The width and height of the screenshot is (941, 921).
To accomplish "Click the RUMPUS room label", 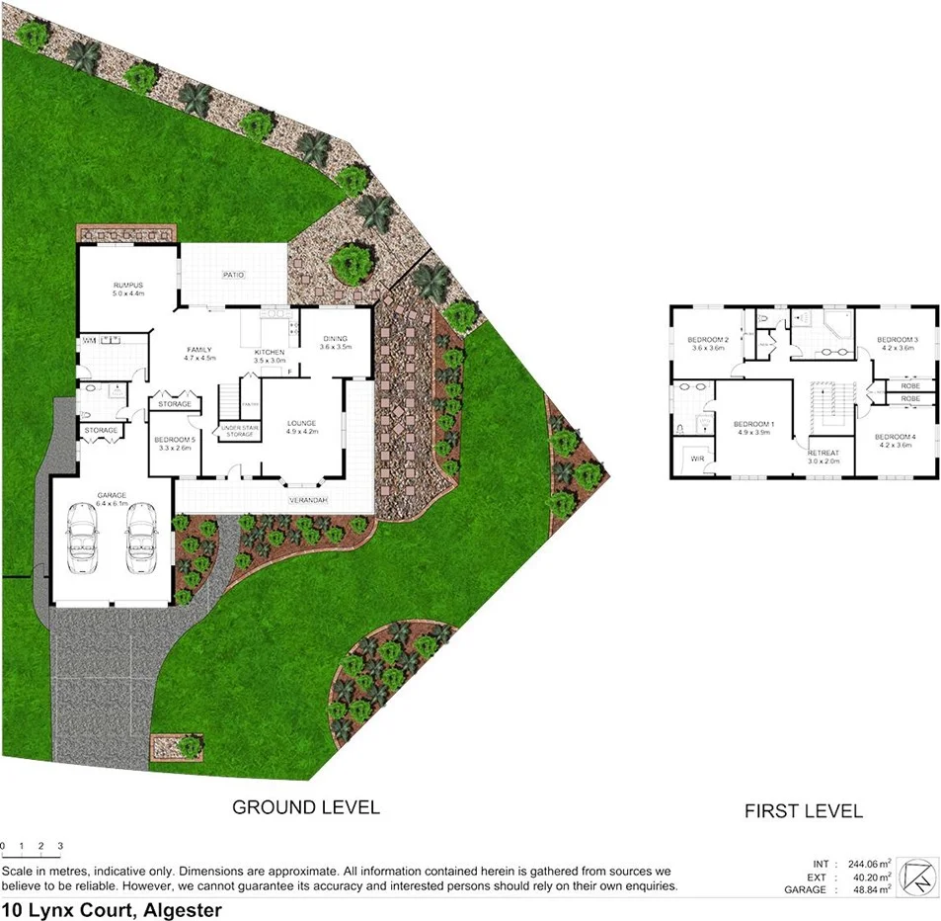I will click(x=128, y=285).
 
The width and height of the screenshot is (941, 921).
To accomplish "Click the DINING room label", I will click(x=335, y=339).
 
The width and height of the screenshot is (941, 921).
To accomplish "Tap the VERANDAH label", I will click(x=308, y=501).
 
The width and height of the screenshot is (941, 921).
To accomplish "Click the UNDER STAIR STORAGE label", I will click(x=238, y=431).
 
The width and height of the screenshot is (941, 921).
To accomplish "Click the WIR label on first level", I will click(x=697, y=459).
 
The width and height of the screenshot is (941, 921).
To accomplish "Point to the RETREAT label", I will click(x=823, y=454).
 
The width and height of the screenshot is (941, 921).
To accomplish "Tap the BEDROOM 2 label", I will click(x=708, y=341).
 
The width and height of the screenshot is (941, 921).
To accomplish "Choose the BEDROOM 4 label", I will click(x=895, y=437).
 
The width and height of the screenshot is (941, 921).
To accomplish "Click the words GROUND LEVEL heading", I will click(x=306, y=807).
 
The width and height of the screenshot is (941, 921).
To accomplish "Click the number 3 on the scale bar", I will click(x=60, y=847).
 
